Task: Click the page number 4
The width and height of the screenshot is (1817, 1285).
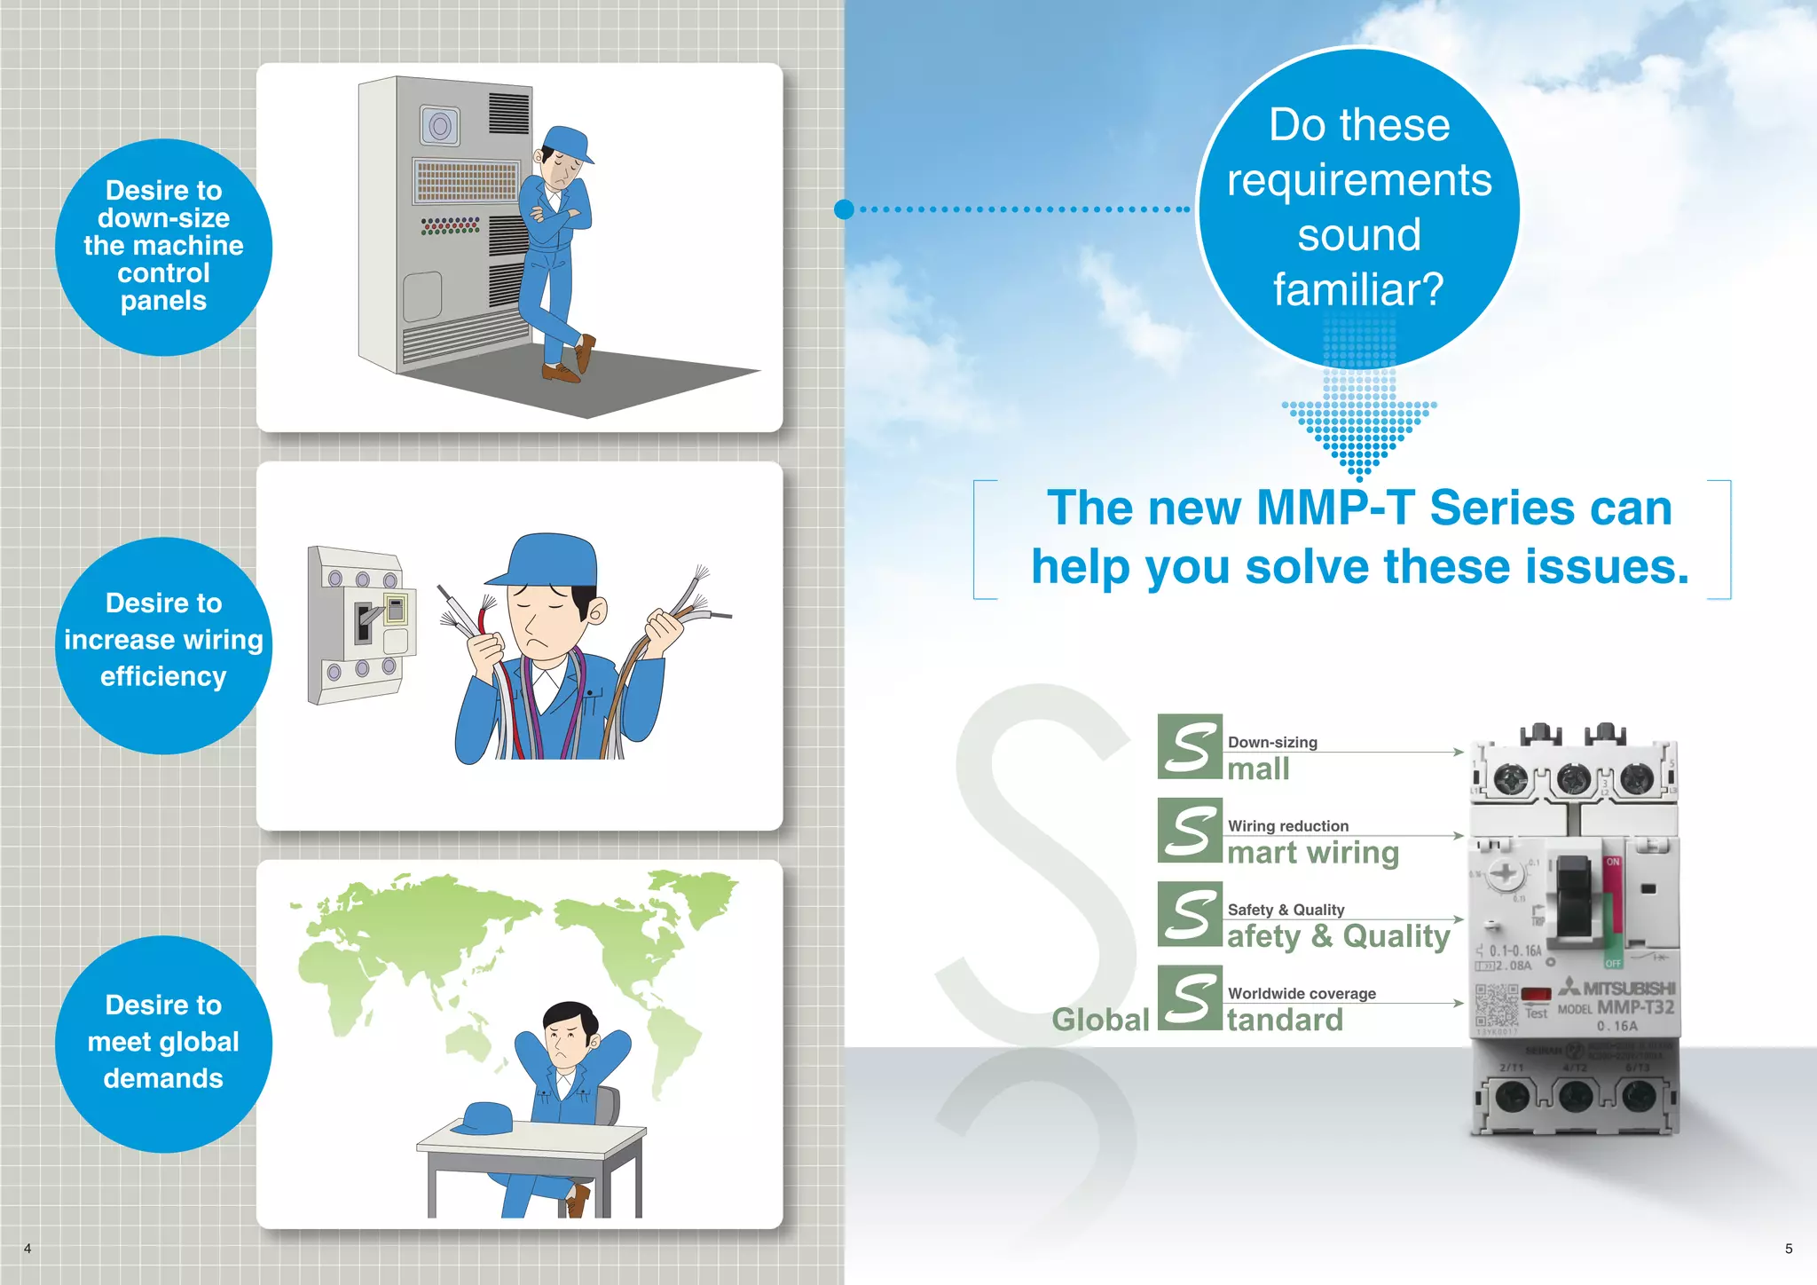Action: point(28,1249)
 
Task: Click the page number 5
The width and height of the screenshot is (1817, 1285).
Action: point(1789,1249)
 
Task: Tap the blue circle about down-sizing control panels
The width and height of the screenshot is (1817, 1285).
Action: point(163,247)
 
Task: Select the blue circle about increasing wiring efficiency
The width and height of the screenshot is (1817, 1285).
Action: point(163,645)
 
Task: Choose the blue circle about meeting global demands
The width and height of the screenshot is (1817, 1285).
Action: point(163,1044)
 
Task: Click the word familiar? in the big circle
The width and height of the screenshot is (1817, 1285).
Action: point(1358,289)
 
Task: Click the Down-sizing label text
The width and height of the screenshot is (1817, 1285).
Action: point(1272,742)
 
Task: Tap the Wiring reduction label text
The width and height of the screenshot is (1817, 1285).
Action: point(1287,825)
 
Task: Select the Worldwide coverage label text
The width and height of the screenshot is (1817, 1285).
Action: point(1302,993)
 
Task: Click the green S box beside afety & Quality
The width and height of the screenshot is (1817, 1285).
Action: point(1190,914)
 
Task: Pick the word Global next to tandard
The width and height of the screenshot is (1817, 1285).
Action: point(1100,1020)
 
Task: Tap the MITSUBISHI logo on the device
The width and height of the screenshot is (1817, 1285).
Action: point(1619,988)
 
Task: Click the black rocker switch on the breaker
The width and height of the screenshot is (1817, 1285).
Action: point(1574,896)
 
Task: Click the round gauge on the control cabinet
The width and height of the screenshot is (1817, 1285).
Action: point(440,126)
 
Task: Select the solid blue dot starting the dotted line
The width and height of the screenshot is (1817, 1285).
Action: point(844,209)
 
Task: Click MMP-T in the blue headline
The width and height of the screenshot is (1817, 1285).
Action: point(1335,508)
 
